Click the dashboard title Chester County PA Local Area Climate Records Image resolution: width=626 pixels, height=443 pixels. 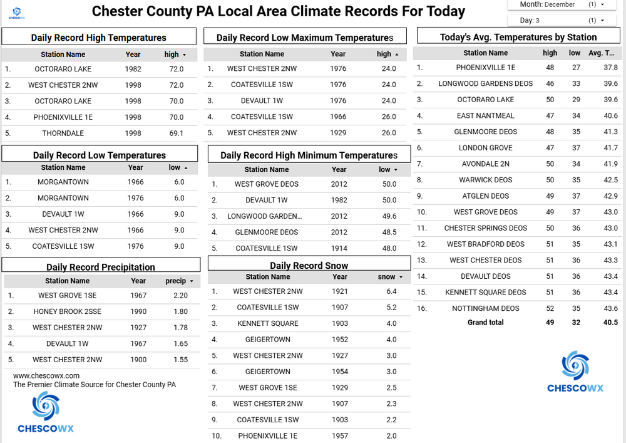point(279,11)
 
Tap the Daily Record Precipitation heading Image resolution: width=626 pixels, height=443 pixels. point(101,267)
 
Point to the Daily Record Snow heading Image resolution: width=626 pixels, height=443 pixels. point(309,266)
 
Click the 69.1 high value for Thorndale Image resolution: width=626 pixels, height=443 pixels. point(177,133)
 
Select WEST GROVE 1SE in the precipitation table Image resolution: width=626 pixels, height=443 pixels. point(68,296)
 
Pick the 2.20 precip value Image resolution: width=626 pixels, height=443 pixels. point(180,296)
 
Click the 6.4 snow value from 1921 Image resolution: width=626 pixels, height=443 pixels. point(392,291)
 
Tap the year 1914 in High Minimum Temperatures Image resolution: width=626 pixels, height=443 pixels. point(339,249)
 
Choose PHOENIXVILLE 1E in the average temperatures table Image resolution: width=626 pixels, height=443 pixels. point(486,68)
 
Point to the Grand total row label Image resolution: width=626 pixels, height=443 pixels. point(486,323)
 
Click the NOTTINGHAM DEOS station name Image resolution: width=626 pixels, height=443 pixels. point(486,308)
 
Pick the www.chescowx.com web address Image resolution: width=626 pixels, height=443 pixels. point(46,376)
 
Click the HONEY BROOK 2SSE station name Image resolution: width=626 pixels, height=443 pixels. point(68,311)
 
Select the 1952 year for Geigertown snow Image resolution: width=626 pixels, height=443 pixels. point(340,340)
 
